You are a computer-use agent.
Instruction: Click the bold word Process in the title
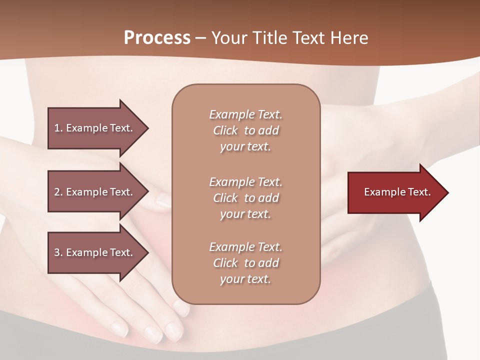[157, 38]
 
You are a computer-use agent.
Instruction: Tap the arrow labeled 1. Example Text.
[97, 128]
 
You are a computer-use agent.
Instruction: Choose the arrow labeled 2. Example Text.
[97, 192]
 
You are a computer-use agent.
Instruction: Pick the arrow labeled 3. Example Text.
[97, 252]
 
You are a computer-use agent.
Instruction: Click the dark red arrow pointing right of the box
[397, 192]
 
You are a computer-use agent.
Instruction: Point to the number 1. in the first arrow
[58, 128]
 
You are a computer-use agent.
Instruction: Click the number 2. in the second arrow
[58, 192]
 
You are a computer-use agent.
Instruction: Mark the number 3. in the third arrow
[58, 252]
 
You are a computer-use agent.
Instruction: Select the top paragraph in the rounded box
[245, 130]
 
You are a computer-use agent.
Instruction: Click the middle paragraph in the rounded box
[245, 198]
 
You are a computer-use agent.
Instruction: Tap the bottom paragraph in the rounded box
[245, 263]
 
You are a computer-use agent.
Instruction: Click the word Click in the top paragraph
[225, 130]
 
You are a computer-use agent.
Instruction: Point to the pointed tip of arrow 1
[147, 128]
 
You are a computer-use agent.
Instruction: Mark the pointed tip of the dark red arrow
[447, 192]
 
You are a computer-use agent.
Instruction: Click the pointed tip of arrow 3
[147, 252]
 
